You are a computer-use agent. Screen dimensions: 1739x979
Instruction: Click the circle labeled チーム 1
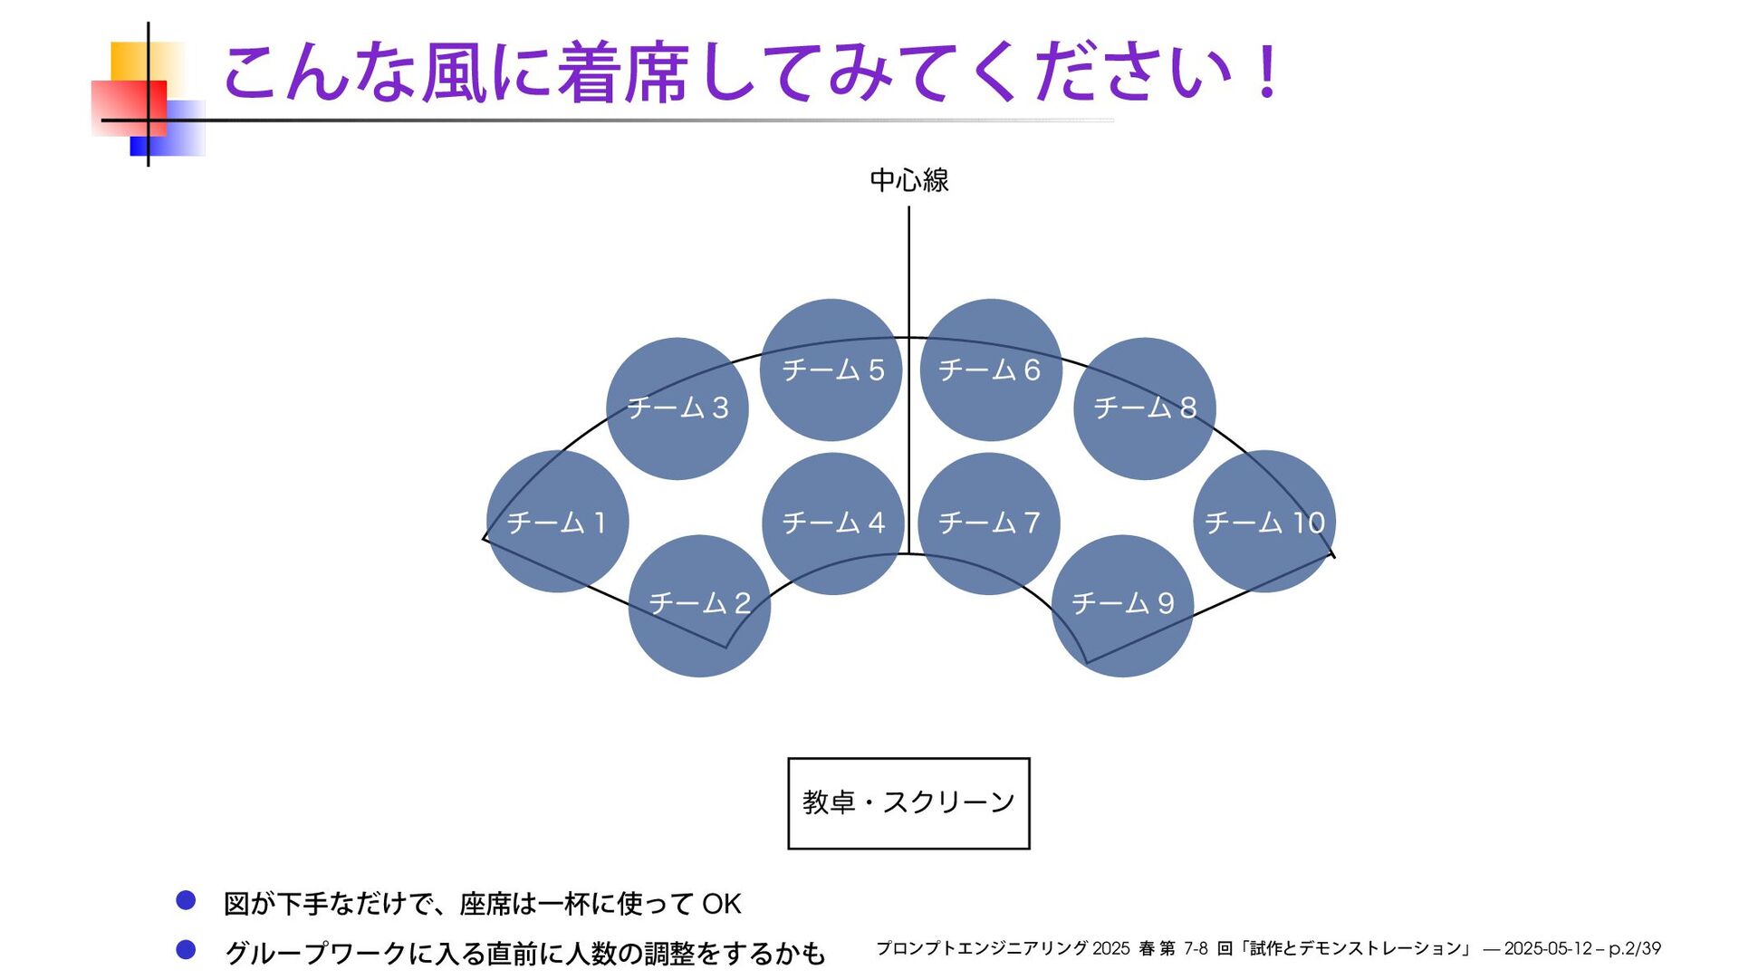tap(557, 522)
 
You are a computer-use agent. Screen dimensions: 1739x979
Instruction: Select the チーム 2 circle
tap(699, 605)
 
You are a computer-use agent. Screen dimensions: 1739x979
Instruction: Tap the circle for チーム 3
tap(677, 408)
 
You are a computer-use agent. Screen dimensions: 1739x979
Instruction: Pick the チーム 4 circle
tap(833, 523)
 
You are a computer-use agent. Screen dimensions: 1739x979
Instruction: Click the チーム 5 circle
tap(831, 370)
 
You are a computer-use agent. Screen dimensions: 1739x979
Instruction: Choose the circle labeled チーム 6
tap(990, 370)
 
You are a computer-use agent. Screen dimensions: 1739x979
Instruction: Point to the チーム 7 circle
tap(988, 523)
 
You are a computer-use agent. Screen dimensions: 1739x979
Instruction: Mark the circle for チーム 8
tap(1145, 408)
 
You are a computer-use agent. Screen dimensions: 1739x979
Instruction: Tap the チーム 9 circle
tap(1122, 605)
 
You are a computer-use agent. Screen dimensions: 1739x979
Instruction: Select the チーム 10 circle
tap(1264, 522)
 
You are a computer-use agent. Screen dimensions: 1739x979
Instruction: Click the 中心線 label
tap(908, 180)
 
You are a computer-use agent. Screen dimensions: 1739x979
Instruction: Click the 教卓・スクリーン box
tap(908, 803)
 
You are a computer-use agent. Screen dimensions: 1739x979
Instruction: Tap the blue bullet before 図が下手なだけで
tap(186, 900)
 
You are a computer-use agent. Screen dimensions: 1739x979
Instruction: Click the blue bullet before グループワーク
tap(186, 950)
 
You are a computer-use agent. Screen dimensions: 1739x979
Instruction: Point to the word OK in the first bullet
tap(722, 904)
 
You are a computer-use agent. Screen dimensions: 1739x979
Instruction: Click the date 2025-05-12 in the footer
tap(1547, 949)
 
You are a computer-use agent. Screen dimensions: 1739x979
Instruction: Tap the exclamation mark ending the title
tap(1266, 72)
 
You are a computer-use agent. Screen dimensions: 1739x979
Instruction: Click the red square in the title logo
tap(129, 107)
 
